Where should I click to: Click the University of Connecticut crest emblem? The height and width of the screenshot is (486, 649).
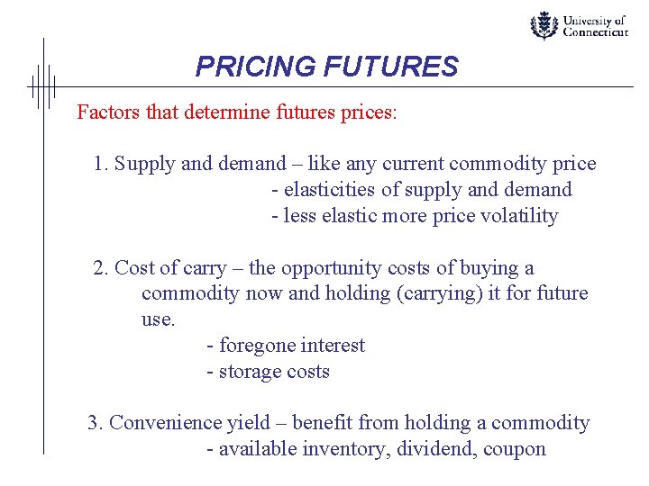click(544, 25)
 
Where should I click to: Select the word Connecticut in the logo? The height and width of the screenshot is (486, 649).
click(596, 32)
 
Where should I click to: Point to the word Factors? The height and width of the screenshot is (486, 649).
click(105, 112)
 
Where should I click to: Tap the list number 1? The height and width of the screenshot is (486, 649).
click(100, 164)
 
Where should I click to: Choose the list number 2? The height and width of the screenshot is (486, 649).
click(100, 268)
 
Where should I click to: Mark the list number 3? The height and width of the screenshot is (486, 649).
click(95, 423)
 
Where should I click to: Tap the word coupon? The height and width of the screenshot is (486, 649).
click(516, 449)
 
